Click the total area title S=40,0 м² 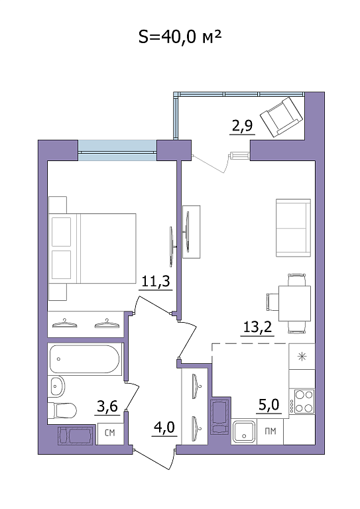[180, 36]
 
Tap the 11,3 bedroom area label [156, 282]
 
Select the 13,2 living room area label [257, 327]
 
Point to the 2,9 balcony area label [242, 126]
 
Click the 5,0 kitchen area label [269, 404]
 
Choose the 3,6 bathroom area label [107, 406]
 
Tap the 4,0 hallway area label [164, 427]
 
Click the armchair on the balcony [282, 117]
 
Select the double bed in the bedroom [92, 249]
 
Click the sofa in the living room [293, 228]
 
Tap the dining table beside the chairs [294, 303]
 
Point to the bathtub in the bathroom [84, 359]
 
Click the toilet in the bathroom [62, 410]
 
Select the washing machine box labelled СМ [110, 433]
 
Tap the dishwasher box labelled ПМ [270, 431]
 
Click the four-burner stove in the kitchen [304, 402]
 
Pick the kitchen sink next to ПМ [244, 431]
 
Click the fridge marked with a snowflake [302, 357]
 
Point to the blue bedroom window [117, 150]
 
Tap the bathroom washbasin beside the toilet [57, 386]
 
